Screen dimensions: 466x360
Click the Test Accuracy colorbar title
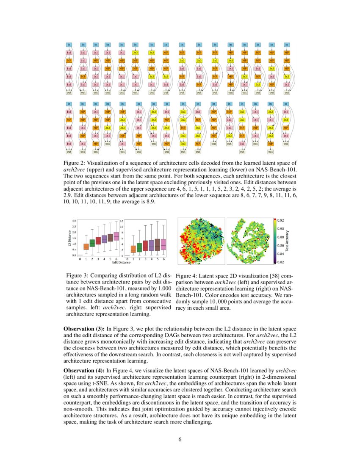(x=288, y=241)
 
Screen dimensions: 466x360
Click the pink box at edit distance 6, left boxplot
(x=116, y=236)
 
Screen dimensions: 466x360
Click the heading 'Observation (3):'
(x=84, y=329)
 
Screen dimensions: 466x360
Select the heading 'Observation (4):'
(x=84, y=370)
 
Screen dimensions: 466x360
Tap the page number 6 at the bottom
(x=180, y=439)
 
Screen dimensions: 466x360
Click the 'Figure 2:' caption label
(x=75, y=163)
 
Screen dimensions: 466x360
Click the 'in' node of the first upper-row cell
(x=69, y=44)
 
